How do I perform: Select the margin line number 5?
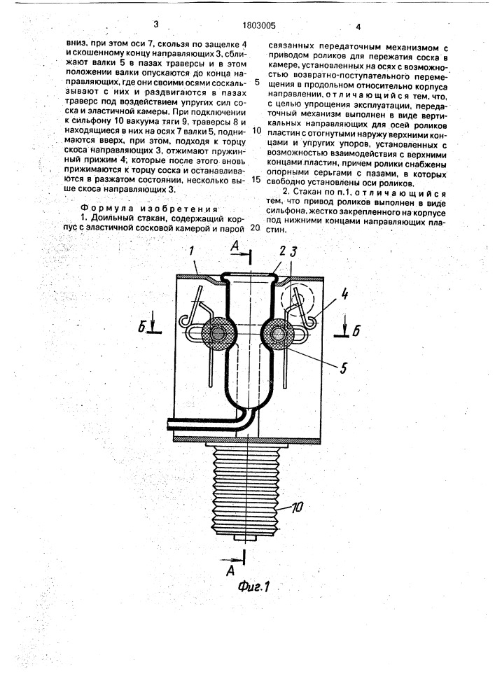pyautogui.click(x=256, y=81)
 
